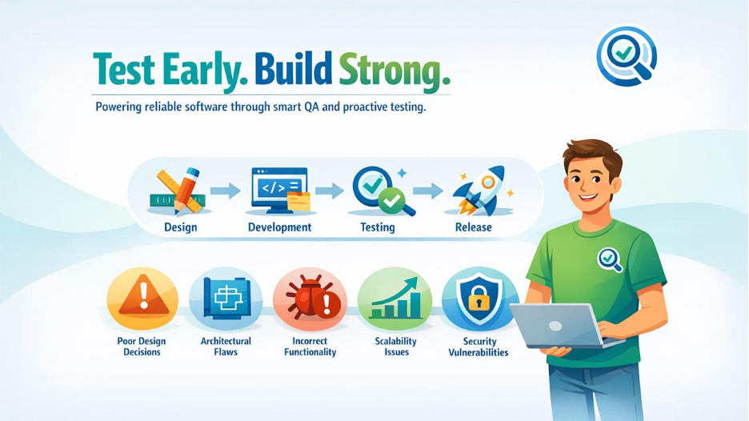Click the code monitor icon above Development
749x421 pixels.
(279, 190)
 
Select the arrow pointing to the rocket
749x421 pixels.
(427, 190)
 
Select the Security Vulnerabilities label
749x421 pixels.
(478, 347)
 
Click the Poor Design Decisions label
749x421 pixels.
(142, 347)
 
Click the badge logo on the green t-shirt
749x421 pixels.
(611, 259)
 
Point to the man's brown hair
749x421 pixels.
(593, 153)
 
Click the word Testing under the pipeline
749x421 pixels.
(377, 227)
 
